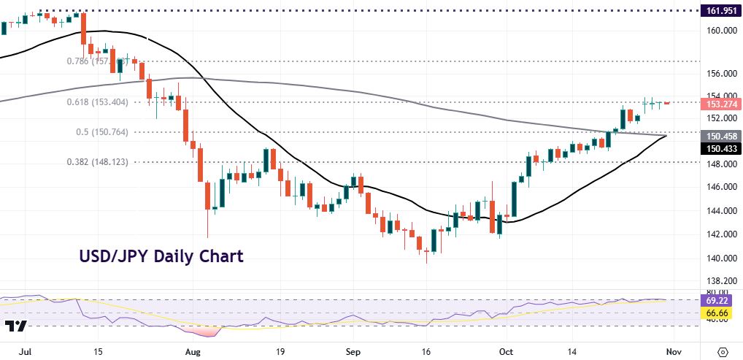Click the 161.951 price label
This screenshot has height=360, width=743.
720,11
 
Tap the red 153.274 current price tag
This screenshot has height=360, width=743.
720,104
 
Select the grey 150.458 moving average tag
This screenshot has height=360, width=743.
720,136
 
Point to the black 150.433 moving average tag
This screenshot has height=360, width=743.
720,148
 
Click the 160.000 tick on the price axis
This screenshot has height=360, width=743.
720,30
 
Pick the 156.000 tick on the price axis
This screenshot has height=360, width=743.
720,74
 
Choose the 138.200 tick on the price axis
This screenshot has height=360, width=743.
720,281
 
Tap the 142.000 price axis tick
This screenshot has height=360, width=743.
720,234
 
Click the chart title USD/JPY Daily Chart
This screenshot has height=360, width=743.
161,256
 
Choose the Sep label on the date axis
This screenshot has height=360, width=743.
352,351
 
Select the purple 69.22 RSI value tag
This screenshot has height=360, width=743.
720,300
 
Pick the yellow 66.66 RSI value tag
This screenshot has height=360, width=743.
720,313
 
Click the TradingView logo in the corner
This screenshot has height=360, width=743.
16,326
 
